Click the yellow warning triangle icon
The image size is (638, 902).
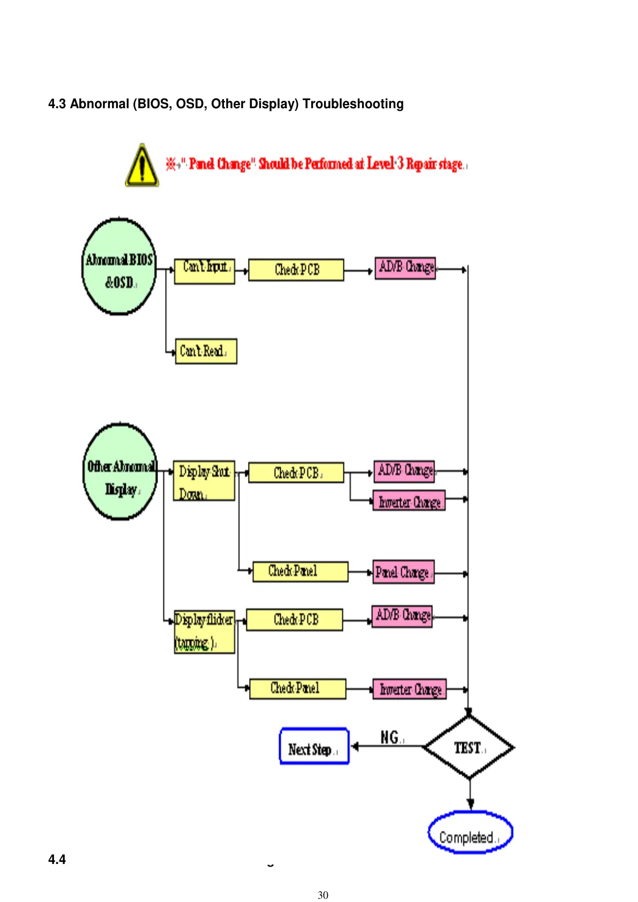point(142,166)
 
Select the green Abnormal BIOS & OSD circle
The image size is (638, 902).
point(119,266)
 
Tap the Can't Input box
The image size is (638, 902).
point(205,271)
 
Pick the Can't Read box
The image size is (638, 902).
point(206,351)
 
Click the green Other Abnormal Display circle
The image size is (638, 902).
point(121,472)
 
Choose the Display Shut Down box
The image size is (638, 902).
point(204,481)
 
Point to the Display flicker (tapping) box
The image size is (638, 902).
point(204,632)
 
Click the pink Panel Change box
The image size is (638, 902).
point(403,572)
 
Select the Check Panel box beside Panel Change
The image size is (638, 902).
point(300,572)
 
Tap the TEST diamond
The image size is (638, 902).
point(469,747)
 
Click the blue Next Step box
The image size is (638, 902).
point(314,746)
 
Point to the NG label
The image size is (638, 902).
point(391,738)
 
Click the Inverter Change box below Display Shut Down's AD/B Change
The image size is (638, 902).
point(409,501)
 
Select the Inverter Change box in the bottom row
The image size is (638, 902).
point(410,689)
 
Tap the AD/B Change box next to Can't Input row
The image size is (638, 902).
point(405,268)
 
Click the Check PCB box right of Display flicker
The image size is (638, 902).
point(295,620)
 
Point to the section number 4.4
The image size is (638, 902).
point(57,860)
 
